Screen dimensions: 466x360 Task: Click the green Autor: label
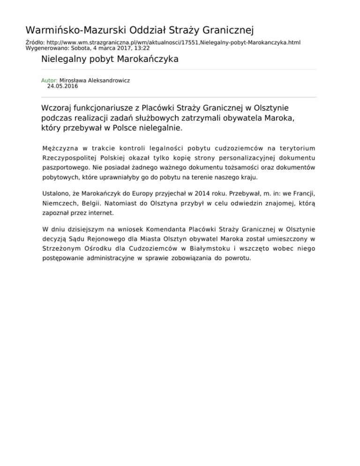tap(49, 80)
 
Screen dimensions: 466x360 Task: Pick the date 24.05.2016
tap(62, 86)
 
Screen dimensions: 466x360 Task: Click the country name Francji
tap(302, 193)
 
